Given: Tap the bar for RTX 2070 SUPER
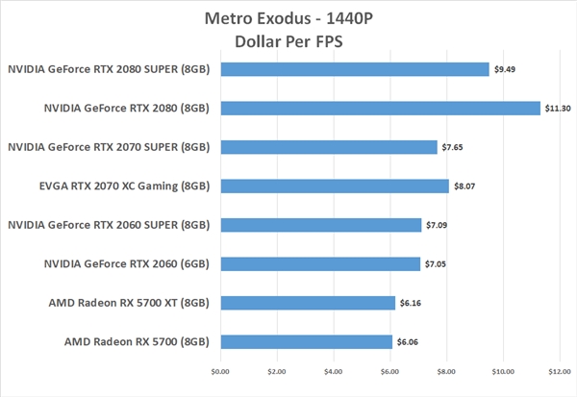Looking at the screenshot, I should [x=328, y=147].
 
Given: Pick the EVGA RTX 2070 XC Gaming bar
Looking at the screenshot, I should [x=334, y=186].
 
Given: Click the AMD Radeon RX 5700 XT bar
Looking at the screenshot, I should [x=307, y=303].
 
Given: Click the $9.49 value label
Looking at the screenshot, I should [x=507, y=69].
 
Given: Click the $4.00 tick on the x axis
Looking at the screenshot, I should [x=333, y=371].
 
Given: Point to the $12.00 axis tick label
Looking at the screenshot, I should [x=560, y=371].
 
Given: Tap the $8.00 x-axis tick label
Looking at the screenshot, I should [x=446, y=371].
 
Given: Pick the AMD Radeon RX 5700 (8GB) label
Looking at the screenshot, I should [x=137, y=342].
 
